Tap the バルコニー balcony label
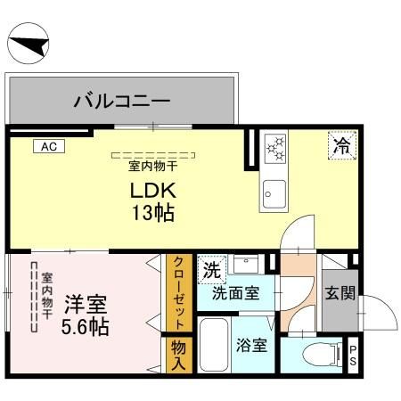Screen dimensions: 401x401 tap(121, 102)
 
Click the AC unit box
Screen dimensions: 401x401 tap(46, 147)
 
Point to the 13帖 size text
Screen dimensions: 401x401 tap(155, 213)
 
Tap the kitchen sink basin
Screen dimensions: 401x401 tap(274, 192)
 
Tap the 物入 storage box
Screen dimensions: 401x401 tap(177, 355)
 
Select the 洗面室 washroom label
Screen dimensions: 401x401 tap(235, 292)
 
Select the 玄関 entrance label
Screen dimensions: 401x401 tap(339, 293)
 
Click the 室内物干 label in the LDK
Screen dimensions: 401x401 tap(154, 166)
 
